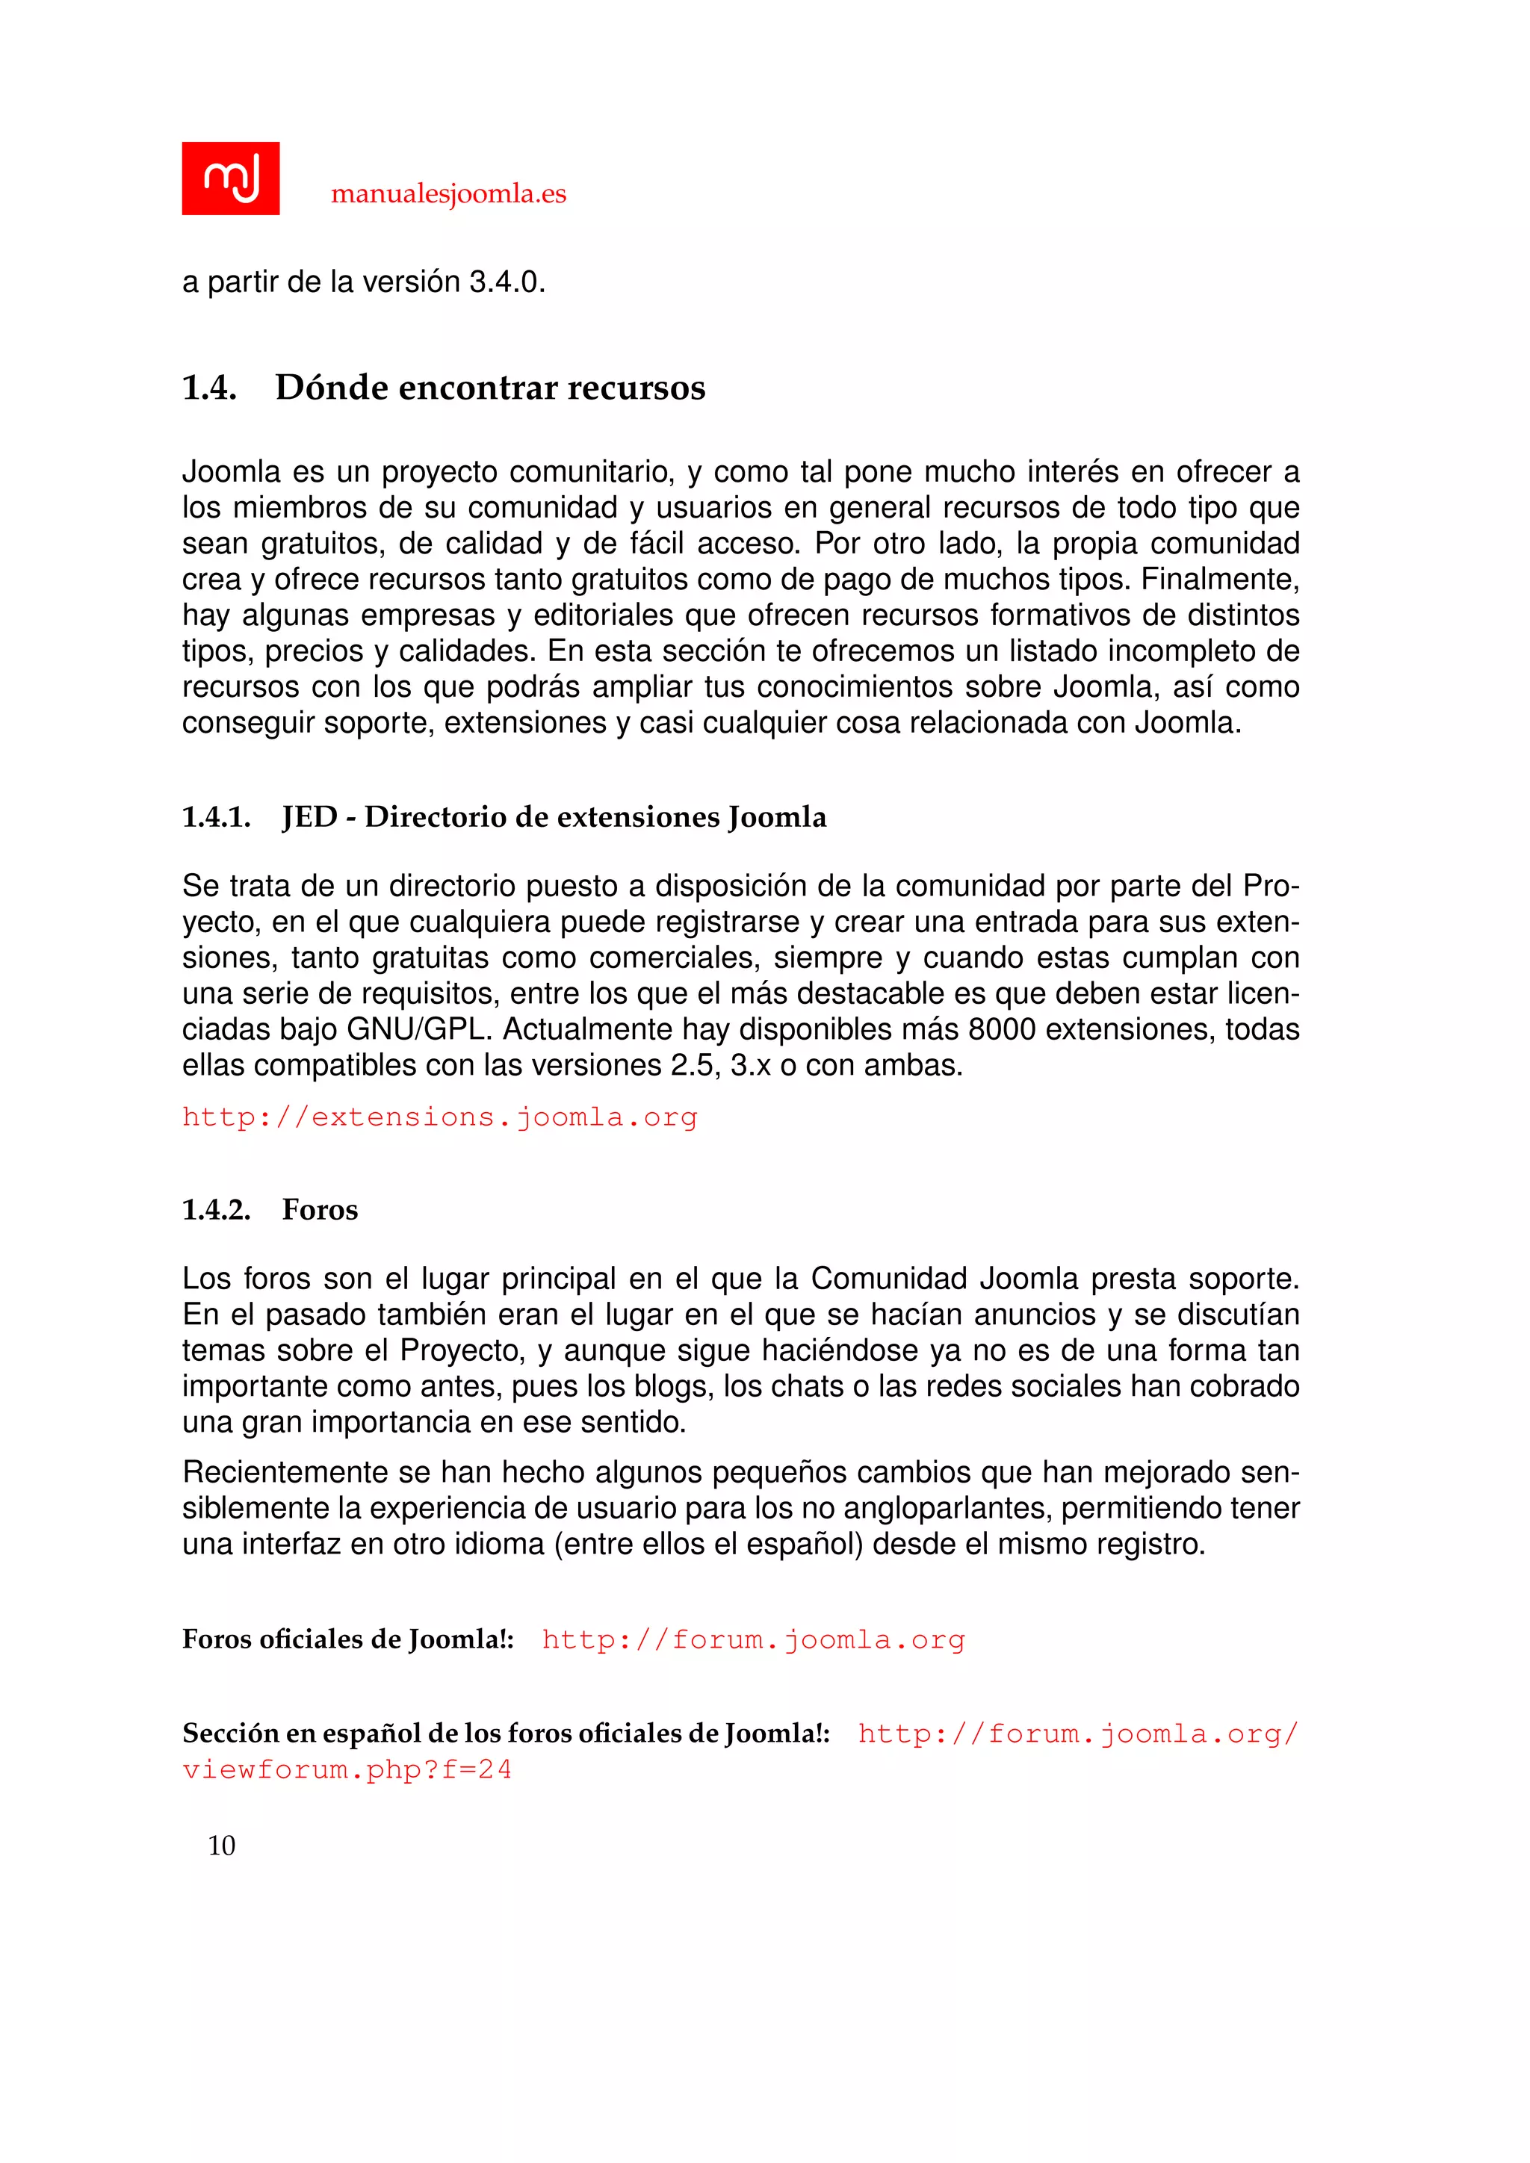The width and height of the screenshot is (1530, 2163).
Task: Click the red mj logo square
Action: point(230,178)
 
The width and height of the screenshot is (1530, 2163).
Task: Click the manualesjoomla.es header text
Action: point(448,194)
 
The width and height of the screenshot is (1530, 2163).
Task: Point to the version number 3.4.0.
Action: point(507,282)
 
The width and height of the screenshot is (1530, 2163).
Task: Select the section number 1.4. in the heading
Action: point(208,387)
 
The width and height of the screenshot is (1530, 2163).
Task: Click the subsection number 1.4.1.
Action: point(216,817)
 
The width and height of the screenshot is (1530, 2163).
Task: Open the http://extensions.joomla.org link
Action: point(439,1117)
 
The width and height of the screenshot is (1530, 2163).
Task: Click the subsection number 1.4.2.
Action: point(216,1210)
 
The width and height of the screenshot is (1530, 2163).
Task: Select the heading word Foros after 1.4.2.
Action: point(320,1210)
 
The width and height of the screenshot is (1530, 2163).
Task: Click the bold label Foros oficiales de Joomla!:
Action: point(347,1640)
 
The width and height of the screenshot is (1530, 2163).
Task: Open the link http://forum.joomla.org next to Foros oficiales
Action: point(753,1641)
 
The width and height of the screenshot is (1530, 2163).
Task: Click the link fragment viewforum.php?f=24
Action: point(347,1770)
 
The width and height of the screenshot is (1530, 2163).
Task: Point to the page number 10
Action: point(221,1846)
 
